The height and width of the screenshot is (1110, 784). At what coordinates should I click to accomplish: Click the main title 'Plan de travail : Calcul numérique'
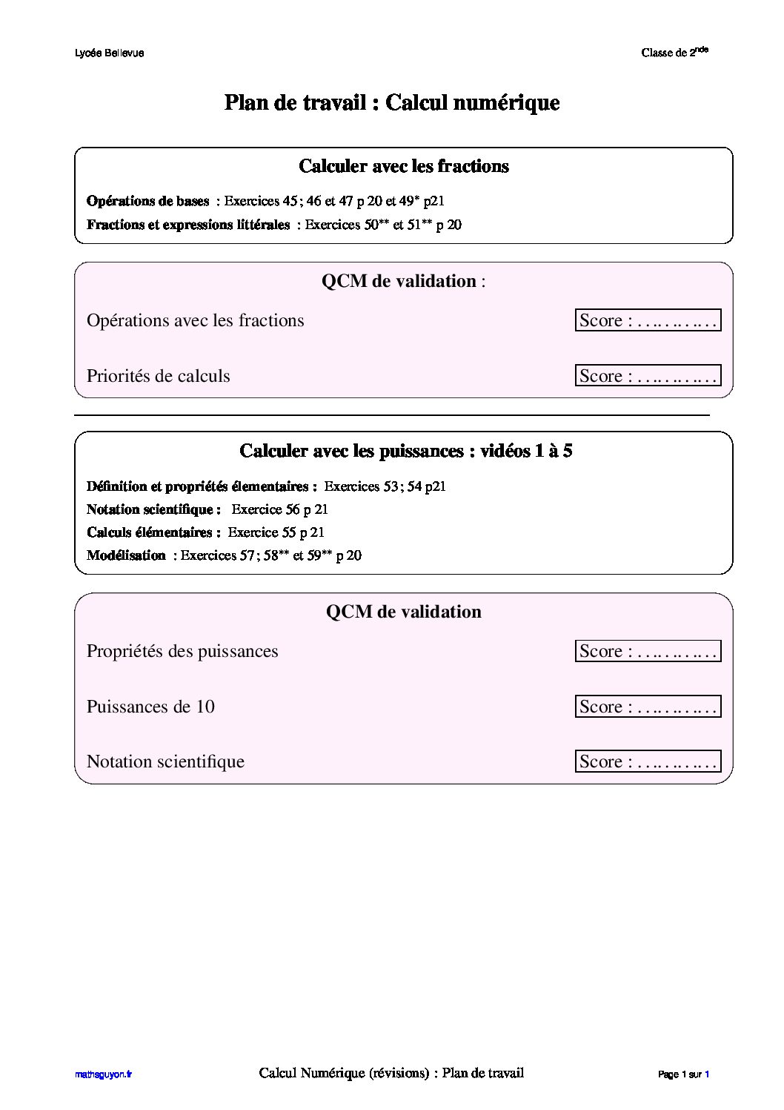click(x=391, y=102)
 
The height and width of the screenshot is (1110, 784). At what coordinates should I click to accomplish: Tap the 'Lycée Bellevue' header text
click(x=109, y=53)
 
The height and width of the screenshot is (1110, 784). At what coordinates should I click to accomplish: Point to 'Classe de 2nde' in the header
click(x=674, y=52)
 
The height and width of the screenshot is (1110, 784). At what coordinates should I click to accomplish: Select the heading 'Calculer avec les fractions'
click(x=403, y=166)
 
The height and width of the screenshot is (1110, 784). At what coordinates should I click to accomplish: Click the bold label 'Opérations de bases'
click(x=148, y=201)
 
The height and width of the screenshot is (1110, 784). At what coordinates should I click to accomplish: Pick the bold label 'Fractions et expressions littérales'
click(x=188, y=225)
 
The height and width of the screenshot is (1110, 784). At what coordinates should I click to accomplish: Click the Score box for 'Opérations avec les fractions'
click(x=648, y=320)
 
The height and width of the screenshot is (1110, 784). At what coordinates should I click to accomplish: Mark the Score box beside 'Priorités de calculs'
click(x=648, y=376)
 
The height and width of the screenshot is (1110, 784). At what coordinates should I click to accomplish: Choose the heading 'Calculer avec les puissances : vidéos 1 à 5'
click(x=405, y=451)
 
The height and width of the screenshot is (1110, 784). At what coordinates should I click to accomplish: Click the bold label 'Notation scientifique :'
click(x=153, y=509)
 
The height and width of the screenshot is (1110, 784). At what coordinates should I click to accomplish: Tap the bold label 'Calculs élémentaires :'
click(x=153, y=532)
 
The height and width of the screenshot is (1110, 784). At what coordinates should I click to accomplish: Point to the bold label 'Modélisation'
click(x=126, y=555)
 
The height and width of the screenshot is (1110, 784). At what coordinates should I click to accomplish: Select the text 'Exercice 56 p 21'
click(x=279, y=509)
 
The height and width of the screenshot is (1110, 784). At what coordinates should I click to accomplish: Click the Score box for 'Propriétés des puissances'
click(x=648, y=651)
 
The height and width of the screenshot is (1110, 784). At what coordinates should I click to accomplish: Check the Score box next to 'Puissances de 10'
click(x=648, y=707)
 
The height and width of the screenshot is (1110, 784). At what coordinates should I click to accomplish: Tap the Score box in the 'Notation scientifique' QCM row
click(x=648, y=762)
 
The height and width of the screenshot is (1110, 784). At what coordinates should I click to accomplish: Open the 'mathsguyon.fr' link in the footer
click(x=103, y=1074)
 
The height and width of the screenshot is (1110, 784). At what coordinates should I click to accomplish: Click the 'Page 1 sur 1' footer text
click(x=683, y=1074)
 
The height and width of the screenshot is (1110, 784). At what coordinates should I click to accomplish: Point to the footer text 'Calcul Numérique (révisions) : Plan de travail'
click(x=391, y=1073)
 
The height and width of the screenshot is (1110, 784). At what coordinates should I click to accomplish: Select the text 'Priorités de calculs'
click(x=159, y=376)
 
